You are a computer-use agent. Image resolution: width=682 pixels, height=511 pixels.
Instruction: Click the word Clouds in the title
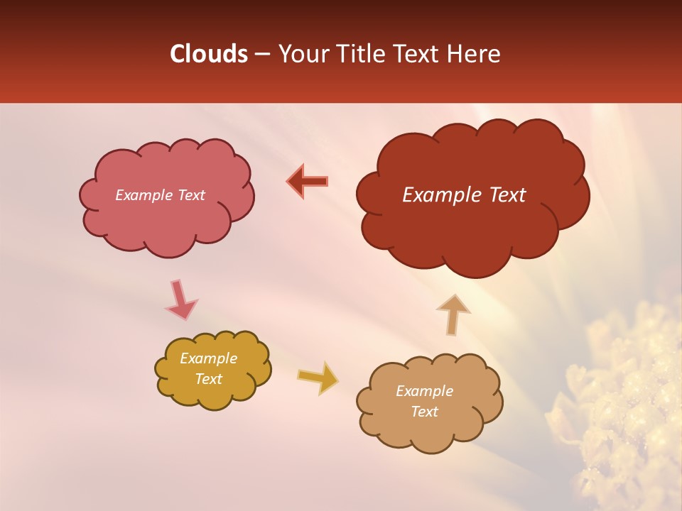(208, 54)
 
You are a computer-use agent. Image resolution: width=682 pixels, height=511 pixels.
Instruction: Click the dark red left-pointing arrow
(308, 181)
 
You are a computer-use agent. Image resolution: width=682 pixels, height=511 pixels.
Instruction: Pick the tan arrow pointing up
(453, 314)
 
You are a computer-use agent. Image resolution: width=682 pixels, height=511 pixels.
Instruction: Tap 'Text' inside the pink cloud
(191, 195)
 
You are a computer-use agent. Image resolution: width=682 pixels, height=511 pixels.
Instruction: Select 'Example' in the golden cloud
(208, 358)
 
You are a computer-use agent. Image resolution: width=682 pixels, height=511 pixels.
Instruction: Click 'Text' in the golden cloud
(208, 379)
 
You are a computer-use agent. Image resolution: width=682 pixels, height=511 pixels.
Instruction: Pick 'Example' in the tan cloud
(424, 391)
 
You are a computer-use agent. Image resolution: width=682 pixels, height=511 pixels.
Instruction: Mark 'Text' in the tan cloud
(424, 412)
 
